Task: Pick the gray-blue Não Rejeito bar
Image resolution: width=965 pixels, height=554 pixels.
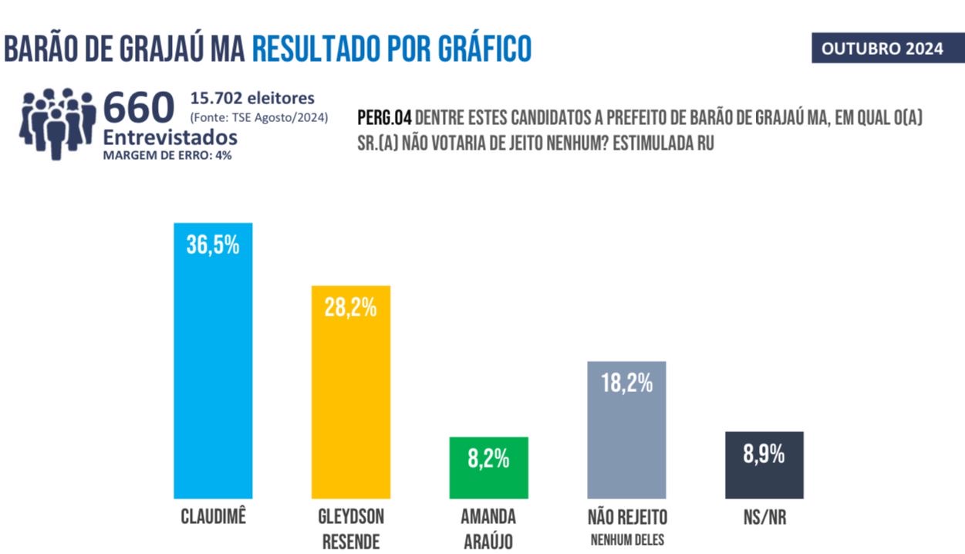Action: click(x=626, y=440)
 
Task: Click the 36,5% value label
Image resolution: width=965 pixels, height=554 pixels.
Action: click(x=213, y=245)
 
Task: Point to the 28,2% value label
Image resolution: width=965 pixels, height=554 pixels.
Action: click(x=350, y=307)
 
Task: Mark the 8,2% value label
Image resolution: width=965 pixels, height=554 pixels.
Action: click(x=488, y=458)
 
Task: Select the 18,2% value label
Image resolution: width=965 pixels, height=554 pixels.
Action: click(x=626, y=383)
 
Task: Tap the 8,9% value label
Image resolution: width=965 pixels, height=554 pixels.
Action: click(x=764, y=454)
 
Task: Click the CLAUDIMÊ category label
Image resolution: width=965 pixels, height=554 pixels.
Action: click(x=213, y=516)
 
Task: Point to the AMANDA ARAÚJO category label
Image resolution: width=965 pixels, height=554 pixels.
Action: click(x=489, y=529)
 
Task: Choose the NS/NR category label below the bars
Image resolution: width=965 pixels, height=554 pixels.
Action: click(x=764, y=516)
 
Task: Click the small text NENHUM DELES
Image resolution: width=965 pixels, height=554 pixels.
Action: click(x=626, y=539)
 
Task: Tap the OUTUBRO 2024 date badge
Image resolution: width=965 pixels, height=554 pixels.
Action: click(x=882, y=49)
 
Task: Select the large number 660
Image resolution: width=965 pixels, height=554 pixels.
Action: click(x=139, y=109)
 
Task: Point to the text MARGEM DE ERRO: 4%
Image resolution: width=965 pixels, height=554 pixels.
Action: click(x=167, y=154)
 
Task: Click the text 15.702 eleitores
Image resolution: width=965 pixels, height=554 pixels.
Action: click(x=252, y=99)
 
